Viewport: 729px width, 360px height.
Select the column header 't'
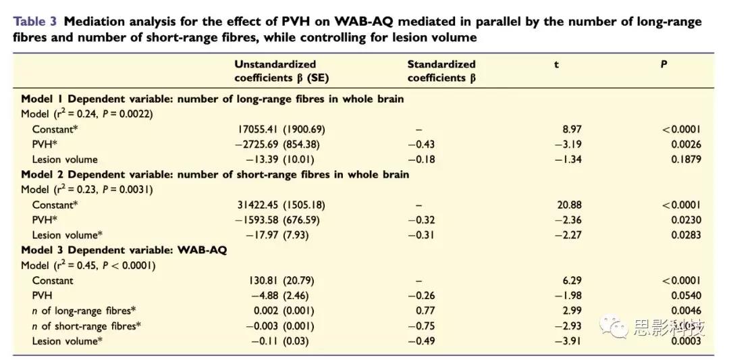[556, 64]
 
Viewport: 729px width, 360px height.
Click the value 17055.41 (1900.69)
[281, 129]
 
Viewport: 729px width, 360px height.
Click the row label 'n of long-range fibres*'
[84, 311]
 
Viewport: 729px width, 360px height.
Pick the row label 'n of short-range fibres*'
[86, 326]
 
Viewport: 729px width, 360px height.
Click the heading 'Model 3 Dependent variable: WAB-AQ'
[124, 250]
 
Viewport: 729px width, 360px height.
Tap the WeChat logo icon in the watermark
[617, 328]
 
